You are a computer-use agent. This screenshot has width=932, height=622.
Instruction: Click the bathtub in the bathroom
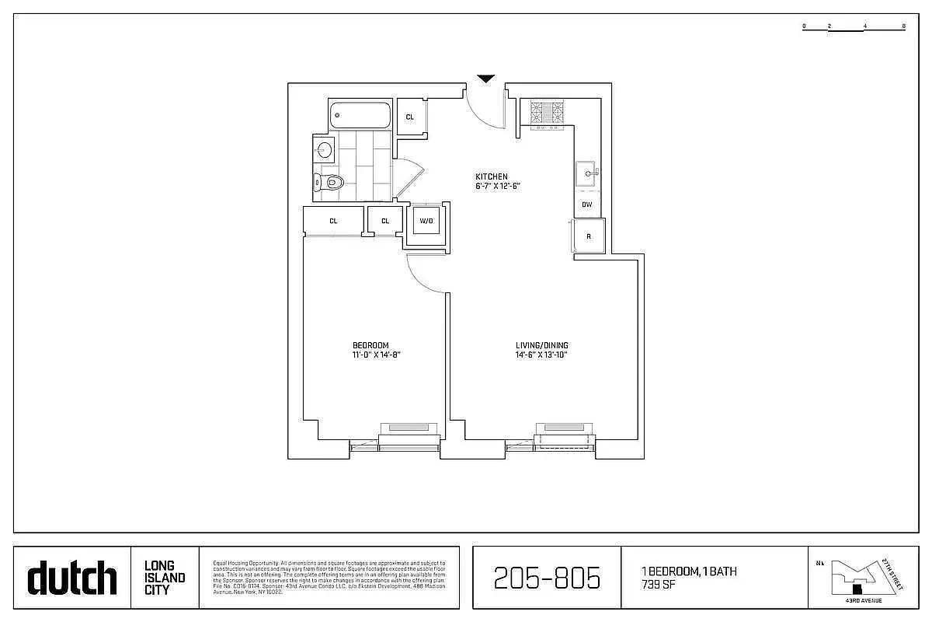[359, 116]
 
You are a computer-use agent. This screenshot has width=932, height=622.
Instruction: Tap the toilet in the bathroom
[330, 183]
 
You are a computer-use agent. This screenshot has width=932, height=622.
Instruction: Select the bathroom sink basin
[324, 149]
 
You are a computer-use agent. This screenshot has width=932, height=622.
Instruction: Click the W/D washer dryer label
[426, 221]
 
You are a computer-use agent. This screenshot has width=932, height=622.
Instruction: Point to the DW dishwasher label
[586, 204]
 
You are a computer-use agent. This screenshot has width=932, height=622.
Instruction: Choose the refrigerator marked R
[589, 236]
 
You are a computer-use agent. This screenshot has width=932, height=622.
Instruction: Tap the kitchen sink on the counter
[586, 173]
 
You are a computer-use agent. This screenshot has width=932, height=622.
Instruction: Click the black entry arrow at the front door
[486, 79]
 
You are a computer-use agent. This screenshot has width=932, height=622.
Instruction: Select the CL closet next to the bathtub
[410, 117]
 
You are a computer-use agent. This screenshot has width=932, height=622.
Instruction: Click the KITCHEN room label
[492, 176]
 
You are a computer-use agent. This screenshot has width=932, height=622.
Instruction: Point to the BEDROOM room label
[370, 345]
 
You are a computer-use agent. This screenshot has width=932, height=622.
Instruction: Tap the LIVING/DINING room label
[542, 345]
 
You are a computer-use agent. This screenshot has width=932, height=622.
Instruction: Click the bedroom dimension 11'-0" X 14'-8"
[375, 355]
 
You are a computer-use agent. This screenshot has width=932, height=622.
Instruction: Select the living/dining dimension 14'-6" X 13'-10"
[542, 355]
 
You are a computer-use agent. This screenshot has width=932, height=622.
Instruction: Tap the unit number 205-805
[547, 578]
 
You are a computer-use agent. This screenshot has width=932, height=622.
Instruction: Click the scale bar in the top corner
[854, 26]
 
